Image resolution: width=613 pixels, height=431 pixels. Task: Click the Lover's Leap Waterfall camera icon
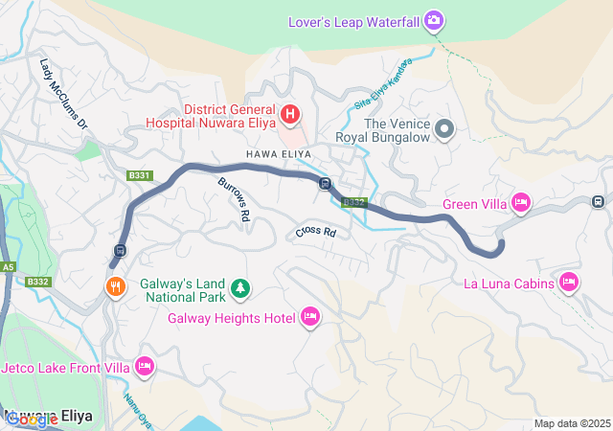click(434, 20)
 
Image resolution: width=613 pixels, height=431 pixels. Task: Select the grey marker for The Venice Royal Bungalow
click(444, 129)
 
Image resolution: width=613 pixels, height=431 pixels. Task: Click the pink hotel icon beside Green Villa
click(521, 202)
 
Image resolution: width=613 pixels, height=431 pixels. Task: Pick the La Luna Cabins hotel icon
click(569, 282)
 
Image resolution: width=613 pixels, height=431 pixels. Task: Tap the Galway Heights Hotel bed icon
click(309, 317)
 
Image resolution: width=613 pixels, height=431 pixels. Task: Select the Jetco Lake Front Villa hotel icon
click(145, 365)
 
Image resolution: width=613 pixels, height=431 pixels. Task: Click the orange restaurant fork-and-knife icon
click(116, 286)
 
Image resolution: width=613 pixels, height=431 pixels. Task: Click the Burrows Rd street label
click(234, 199)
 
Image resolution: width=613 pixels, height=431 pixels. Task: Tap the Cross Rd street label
click(316, 232)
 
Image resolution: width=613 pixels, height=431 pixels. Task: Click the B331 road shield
click(140, 175)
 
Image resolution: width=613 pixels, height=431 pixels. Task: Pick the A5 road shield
click(9, 267)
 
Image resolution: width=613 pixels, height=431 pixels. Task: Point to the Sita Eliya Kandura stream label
click(383, 83)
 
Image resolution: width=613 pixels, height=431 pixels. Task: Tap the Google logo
click(31, 420)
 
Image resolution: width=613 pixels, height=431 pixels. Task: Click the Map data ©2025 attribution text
click(571, 423)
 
